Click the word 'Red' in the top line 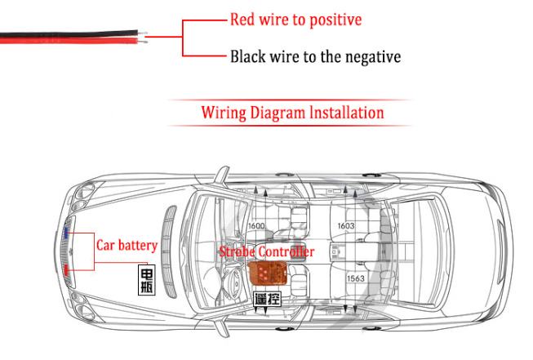click(243, 19)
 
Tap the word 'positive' click(332, 20)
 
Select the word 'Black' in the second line click(249, 57)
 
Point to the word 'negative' click(372, 57)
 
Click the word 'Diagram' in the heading click(282, 112)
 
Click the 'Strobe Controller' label click(266, 252)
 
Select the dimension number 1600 click(255, 226)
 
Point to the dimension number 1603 click(345, 226)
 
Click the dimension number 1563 click(355, 278)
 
